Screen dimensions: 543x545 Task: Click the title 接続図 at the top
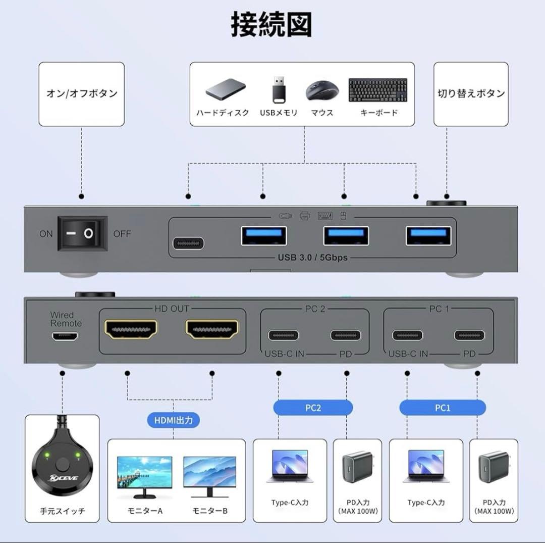(x=271, y=25)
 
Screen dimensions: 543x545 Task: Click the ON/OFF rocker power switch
(x=82, y=233)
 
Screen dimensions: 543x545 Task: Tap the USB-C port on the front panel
(x=189, y=243)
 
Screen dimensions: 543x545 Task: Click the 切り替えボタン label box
(x=471, y=94)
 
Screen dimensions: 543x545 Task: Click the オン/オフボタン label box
(x=82, y=94)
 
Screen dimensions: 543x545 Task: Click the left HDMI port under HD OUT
(x=131, y=330)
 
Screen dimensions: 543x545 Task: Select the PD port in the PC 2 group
(x=346, y=335)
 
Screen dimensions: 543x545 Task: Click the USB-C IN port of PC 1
(x=408, y=335)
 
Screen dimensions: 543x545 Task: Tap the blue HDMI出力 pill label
(x=174, y=420)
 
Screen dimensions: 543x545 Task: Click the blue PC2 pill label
(x=313, y=408)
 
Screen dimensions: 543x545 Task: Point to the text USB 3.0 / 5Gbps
(x=312, y=258)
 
